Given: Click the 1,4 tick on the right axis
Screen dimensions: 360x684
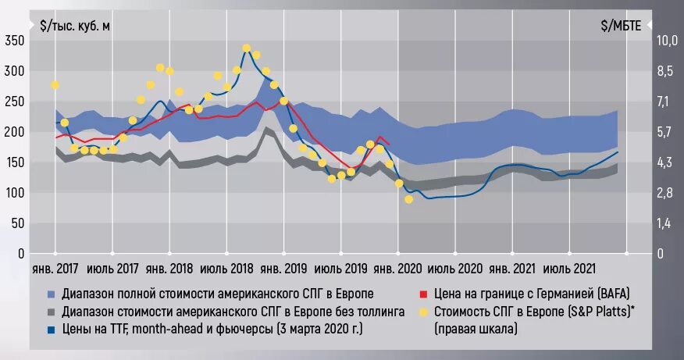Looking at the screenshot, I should [x=664, y=223].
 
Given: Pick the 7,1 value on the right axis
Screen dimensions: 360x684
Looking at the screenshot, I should [x=664, y=101].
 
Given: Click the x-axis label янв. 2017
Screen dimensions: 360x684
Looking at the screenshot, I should [x=55, y=269].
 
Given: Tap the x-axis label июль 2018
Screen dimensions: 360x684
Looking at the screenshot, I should [x=226, y=269].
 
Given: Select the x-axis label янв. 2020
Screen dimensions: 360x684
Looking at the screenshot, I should [x=398, y=269].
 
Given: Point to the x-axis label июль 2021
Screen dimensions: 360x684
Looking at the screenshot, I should [x=569, y=269].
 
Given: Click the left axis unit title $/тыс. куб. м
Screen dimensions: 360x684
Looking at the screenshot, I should [x=75, y=25].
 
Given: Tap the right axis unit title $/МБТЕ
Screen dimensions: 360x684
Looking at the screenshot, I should [x=621, y=25].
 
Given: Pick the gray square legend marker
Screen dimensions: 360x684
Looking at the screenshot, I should [x=51, y=312].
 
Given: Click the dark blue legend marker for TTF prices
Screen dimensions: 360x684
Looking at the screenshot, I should [x=51, y=330].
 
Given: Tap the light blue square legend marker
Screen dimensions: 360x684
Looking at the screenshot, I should [x=51, y=294].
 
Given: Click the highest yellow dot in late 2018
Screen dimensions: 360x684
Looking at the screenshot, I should [x=246, y=48].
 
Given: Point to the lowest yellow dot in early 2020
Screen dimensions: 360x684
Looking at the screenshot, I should [x=408, y=200].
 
